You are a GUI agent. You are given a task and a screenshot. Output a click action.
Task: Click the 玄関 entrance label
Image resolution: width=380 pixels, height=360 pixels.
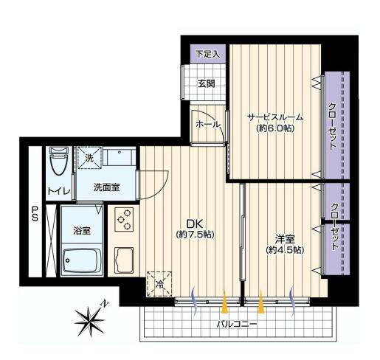207,84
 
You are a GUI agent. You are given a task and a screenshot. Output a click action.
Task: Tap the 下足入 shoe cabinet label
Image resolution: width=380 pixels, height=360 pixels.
208,54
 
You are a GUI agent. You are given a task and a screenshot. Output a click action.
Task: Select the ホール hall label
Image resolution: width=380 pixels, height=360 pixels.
208,125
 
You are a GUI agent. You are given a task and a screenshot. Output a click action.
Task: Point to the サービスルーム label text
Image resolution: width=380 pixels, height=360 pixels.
275,117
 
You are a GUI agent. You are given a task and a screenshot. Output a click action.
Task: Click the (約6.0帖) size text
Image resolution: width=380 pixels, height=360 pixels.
275,128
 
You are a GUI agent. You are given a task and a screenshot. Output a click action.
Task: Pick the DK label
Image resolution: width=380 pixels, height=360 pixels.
195,224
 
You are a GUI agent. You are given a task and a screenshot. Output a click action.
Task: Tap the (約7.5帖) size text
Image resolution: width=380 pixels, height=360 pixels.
196,235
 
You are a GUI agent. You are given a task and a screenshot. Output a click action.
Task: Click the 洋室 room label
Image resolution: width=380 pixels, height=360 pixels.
285,239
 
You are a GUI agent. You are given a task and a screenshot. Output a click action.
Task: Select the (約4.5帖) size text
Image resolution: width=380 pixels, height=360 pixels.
285,250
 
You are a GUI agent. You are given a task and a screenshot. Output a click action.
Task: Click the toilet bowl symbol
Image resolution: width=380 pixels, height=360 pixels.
59,161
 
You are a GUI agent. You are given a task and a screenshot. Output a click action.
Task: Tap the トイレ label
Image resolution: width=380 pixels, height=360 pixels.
59,191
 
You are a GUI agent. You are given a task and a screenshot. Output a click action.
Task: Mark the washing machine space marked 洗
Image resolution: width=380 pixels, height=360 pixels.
90,158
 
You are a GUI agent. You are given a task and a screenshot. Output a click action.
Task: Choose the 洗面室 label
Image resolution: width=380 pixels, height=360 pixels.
106,187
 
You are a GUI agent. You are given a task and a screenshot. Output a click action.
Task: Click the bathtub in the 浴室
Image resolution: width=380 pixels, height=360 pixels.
82,260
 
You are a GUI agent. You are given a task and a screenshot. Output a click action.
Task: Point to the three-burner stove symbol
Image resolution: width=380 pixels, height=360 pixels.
124,219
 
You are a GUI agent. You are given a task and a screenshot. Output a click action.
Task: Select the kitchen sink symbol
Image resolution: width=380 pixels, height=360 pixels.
124,260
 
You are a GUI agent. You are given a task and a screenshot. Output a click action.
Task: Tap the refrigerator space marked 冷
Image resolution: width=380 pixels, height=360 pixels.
159,284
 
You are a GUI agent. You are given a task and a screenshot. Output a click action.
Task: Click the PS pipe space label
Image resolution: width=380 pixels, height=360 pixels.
35,213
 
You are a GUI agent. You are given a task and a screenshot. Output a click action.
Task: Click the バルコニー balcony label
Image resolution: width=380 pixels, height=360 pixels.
237,324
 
